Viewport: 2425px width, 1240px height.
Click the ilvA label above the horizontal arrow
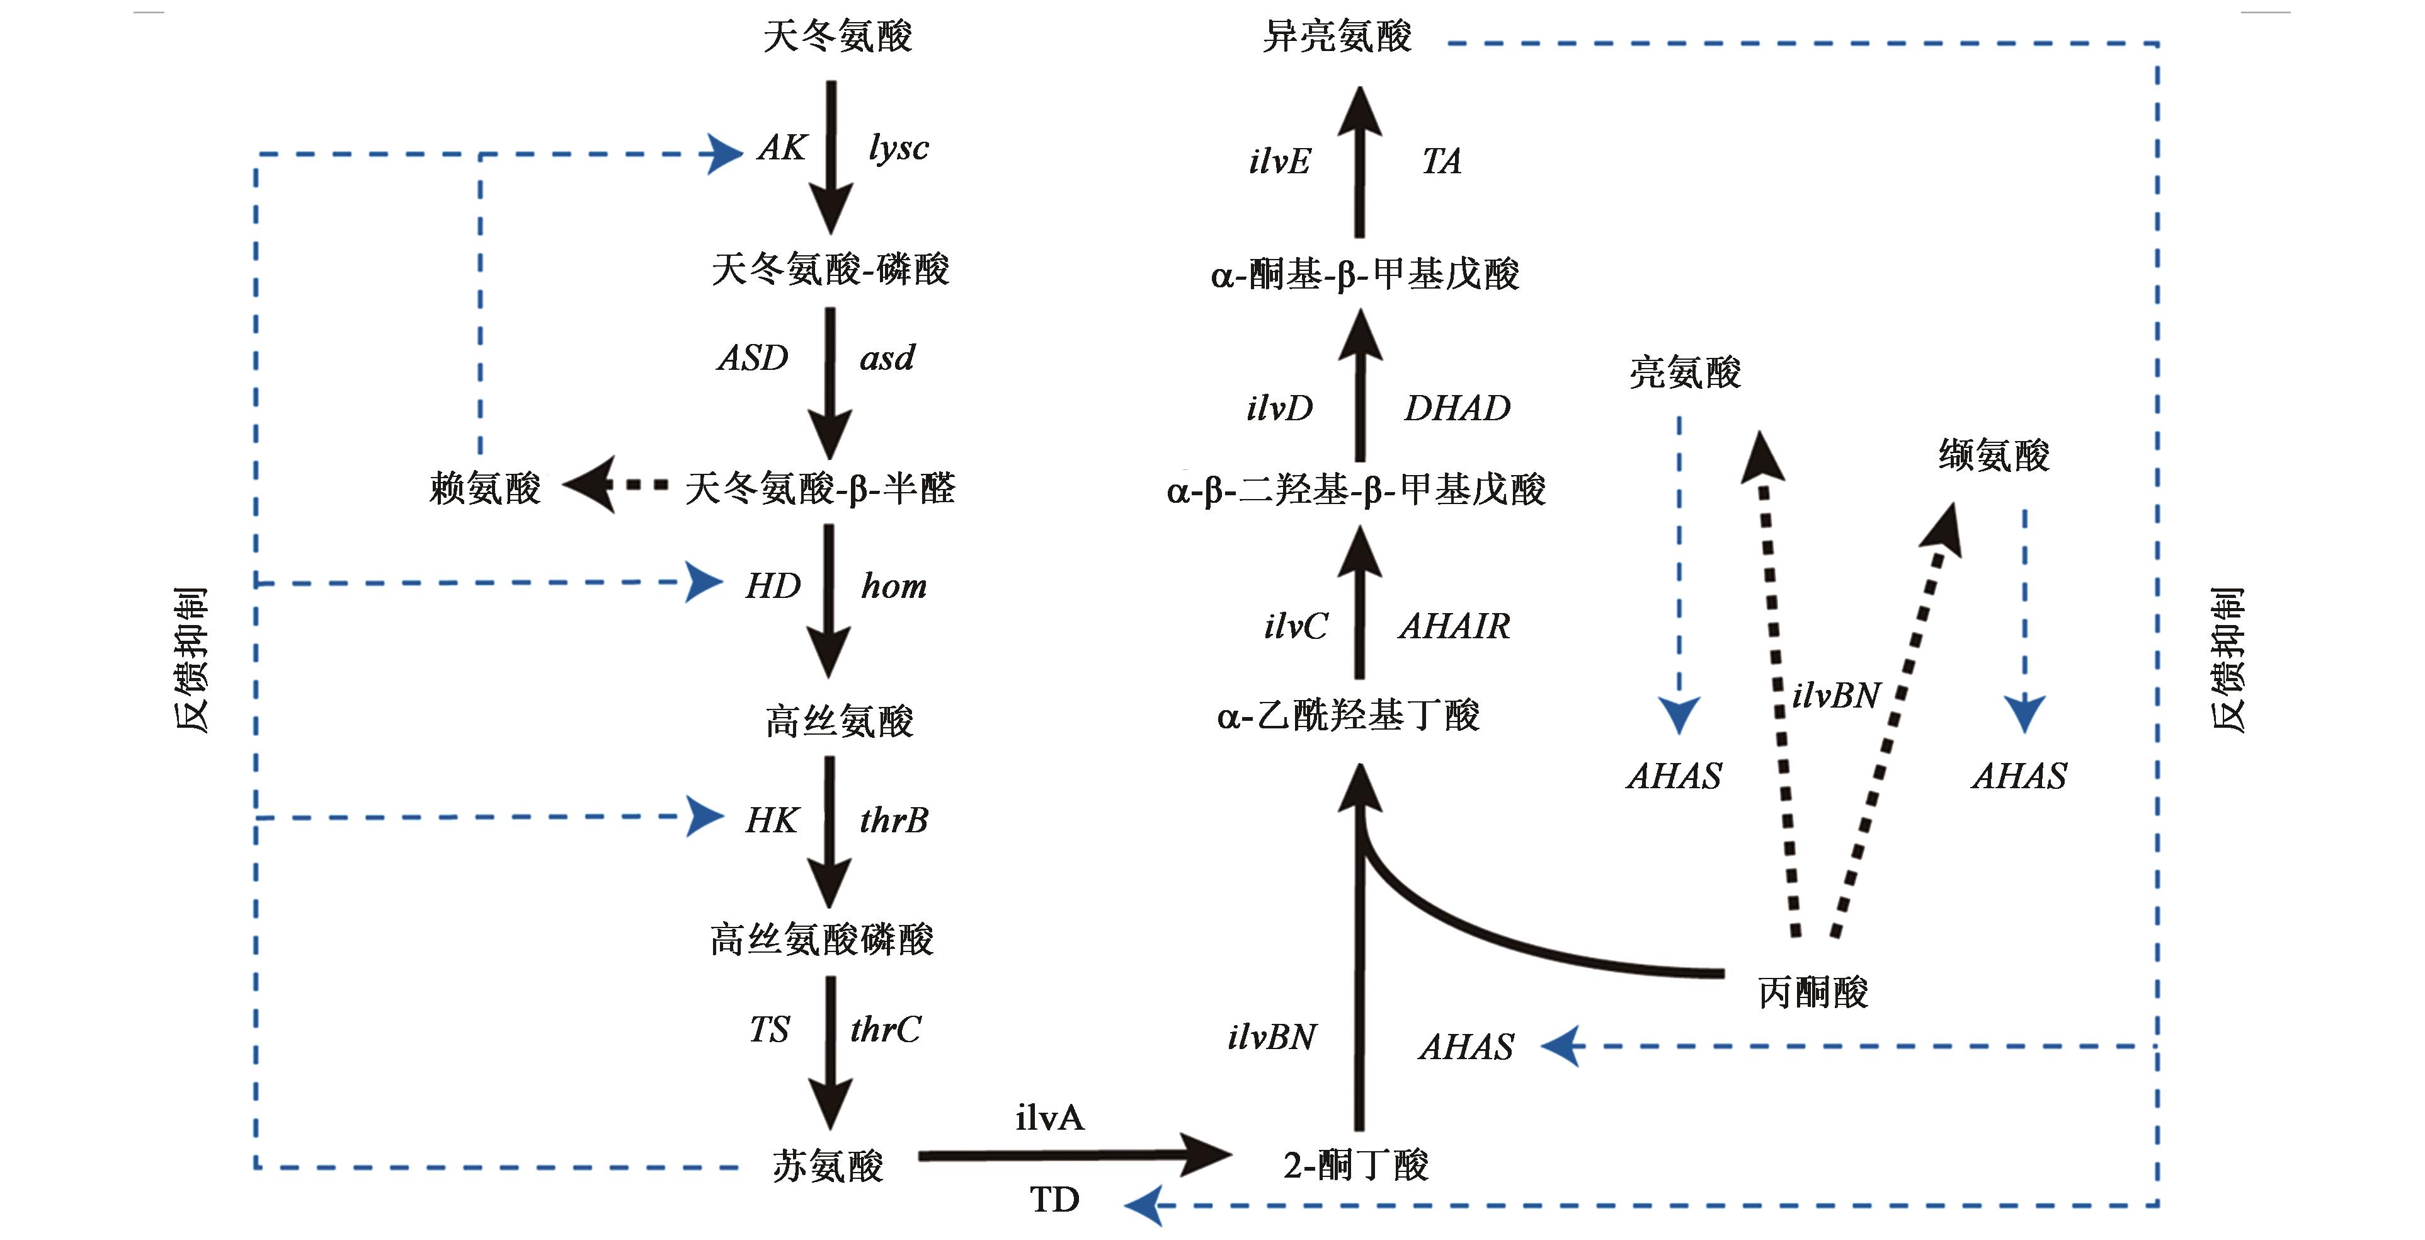point(1049,1118)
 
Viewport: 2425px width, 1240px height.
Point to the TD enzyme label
point(1054,1200)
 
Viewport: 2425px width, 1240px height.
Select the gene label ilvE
point(1279,162)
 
